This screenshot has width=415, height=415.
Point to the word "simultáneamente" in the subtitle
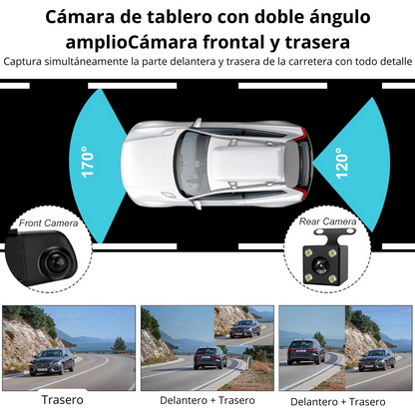click(96, 62)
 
